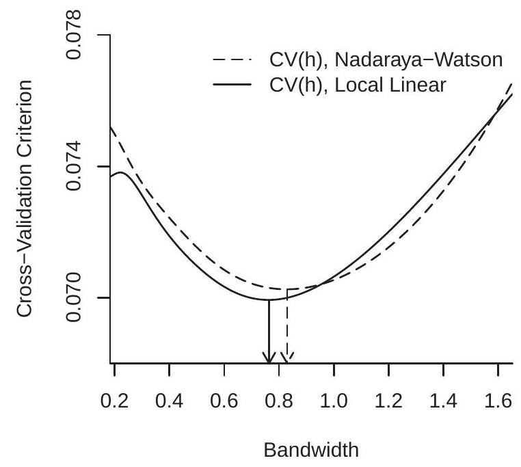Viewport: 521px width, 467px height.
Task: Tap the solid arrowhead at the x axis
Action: pyautogui.click(x=269, y=357)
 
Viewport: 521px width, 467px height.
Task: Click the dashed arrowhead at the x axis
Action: pyautogui.click(x=288, y=357)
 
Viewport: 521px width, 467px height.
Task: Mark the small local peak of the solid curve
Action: pyautogui.click(x=121, y=173)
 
